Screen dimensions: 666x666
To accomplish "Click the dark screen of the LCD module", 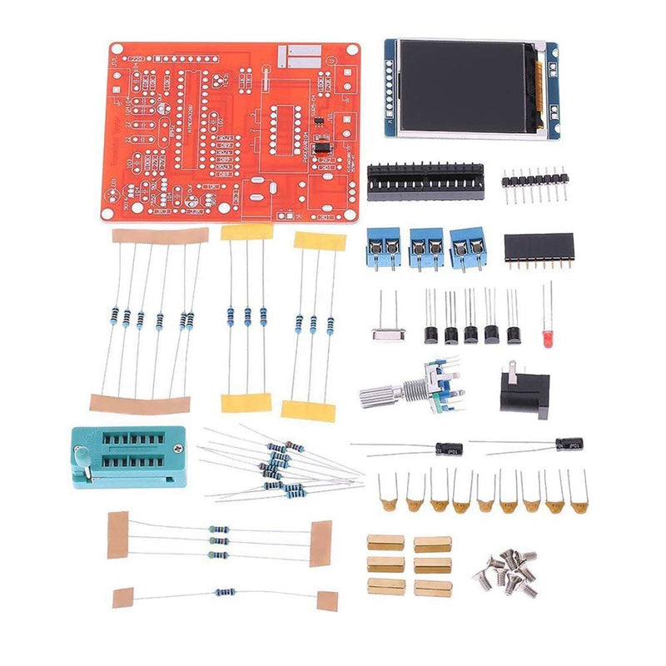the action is coord(465,87).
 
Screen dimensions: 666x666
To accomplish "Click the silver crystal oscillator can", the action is coord(388,335).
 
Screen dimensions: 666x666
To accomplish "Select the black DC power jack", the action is coord(524,392).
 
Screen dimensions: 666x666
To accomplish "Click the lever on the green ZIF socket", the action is coord(81,455).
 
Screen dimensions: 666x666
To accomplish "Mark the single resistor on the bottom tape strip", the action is coord(224,594).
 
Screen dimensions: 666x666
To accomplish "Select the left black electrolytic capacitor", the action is coord(449,449).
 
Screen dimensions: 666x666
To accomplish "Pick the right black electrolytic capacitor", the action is coord(569,444).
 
